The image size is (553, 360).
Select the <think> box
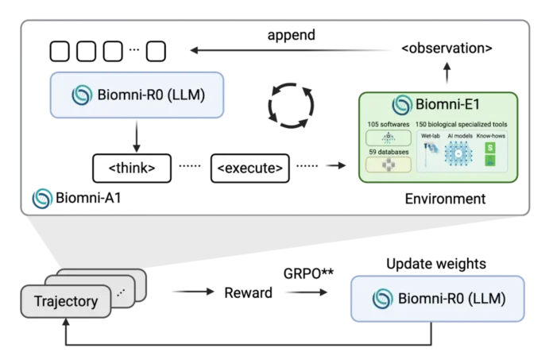click(x=130, y=168)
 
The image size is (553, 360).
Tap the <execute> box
click(x=249, y=168)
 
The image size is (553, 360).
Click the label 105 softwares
click(x=387, y=125)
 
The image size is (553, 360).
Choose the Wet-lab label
click(x=431, y=136)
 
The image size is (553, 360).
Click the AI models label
click(x=460, y=136)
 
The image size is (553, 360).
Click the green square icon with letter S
click(x=490, y=148)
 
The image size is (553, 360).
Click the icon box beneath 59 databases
click(x=389, y=165)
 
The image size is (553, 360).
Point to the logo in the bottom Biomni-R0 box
click(x=384, y=299)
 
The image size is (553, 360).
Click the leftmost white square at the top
click(x=60, y=52)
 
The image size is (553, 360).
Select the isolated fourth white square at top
click(x=157, y=52)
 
